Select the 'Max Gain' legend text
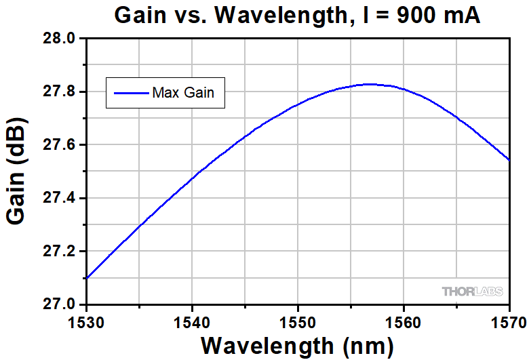coord(183,93)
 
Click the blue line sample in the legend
coord(131,93)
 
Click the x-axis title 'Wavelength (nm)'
coord(297,346)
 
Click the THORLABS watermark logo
coord(473,292)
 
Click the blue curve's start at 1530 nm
coord(87,278)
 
